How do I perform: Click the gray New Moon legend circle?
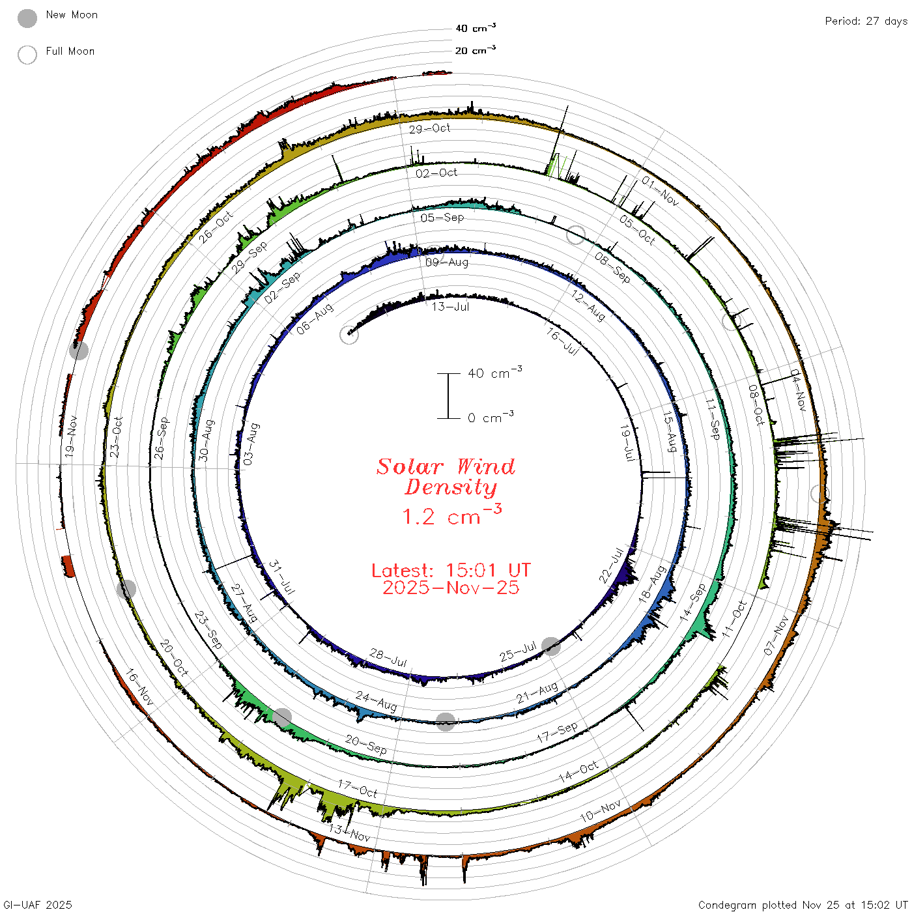point(27,18)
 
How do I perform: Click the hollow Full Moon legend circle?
point(27,55)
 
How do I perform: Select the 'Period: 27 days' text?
point(866,21)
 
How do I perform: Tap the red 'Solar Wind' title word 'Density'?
point(451,487)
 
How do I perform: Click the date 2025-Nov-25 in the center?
point(451,588)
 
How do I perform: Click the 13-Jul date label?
point(450,307)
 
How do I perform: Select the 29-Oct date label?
point(429,128)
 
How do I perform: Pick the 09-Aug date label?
point(447,262)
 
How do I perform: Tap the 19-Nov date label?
point(70,436)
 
